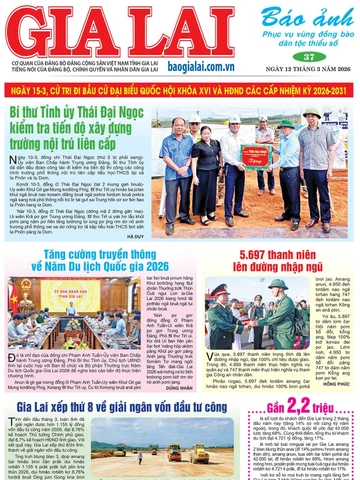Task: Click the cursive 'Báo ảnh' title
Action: coord(307,19)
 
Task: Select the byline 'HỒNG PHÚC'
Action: coord(337,383)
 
